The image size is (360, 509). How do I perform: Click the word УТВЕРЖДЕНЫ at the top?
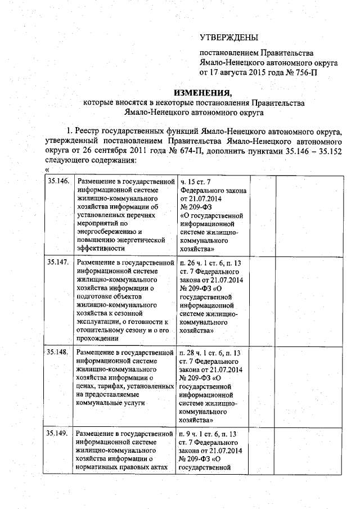tap(229, 38)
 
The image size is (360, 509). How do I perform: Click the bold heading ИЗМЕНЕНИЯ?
tap(202, 93)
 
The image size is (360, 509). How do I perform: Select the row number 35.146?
tap(57, 181)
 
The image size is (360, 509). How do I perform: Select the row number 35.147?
tap(57, 262)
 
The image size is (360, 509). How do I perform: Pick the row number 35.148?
tap(57, 352)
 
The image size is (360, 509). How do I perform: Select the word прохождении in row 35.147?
tap(97, 338)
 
